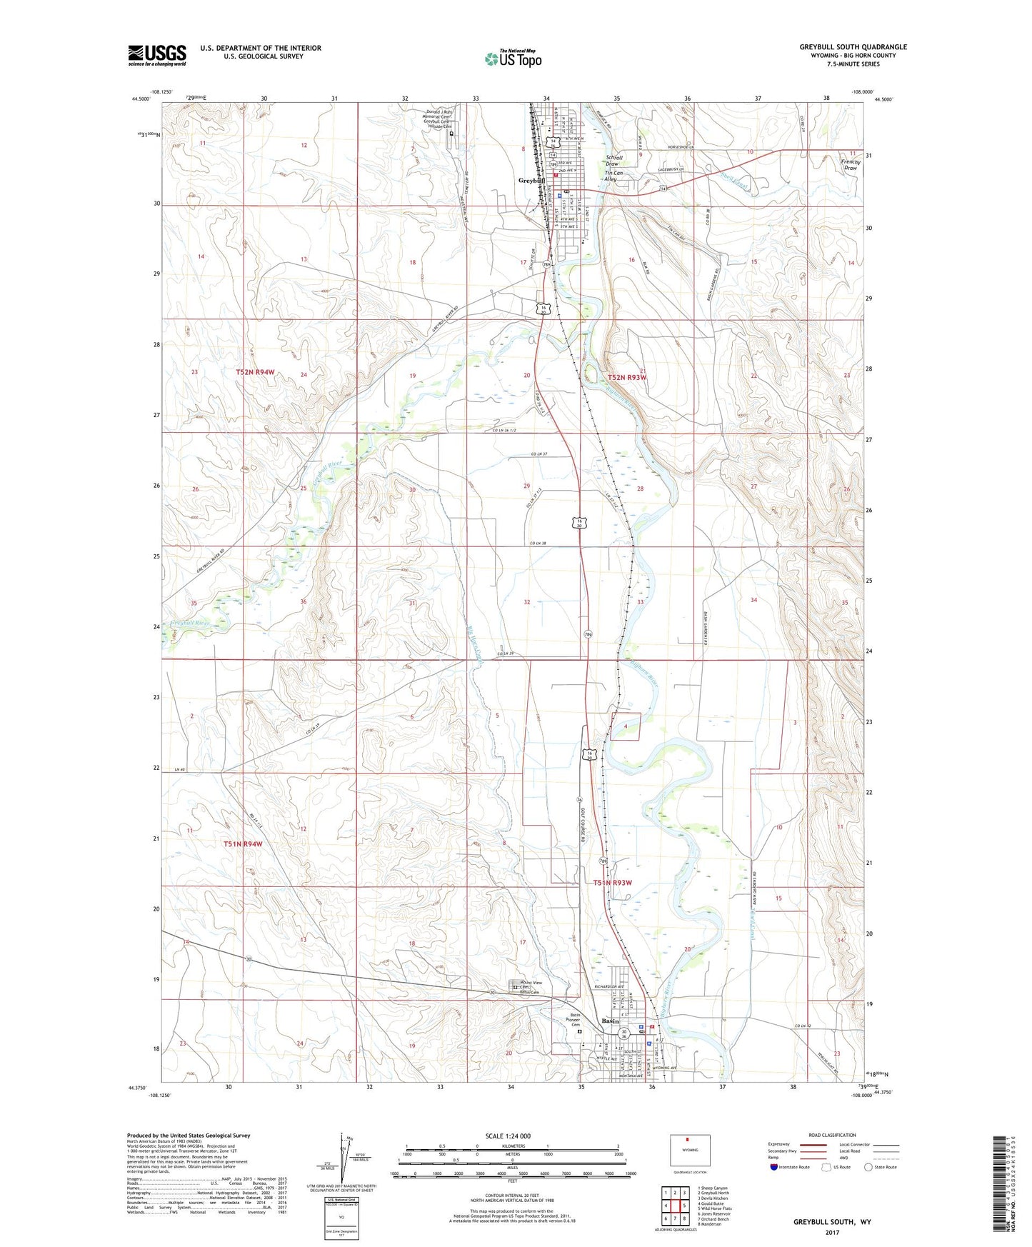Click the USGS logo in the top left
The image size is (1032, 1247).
[157, 55]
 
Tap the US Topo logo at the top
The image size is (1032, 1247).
[512, 59]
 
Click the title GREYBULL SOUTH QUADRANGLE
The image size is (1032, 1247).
[853, 47]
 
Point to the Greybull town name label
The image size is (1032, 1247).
[531, 181]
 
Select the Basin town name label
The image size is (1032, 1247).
[610, 1021]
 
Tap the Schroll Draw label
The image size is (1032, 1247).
[613, 161]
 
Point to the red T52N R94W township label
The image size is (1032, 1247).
[255, 373]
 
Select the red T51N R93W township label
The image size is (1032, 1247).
[612, 883]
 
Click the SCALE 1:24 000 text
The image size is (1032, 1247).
[507, 1136]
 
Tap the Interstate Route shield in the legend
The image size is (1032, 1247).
[774, 1167]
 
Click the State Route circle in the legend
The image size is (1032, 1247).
[868, 1167]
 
